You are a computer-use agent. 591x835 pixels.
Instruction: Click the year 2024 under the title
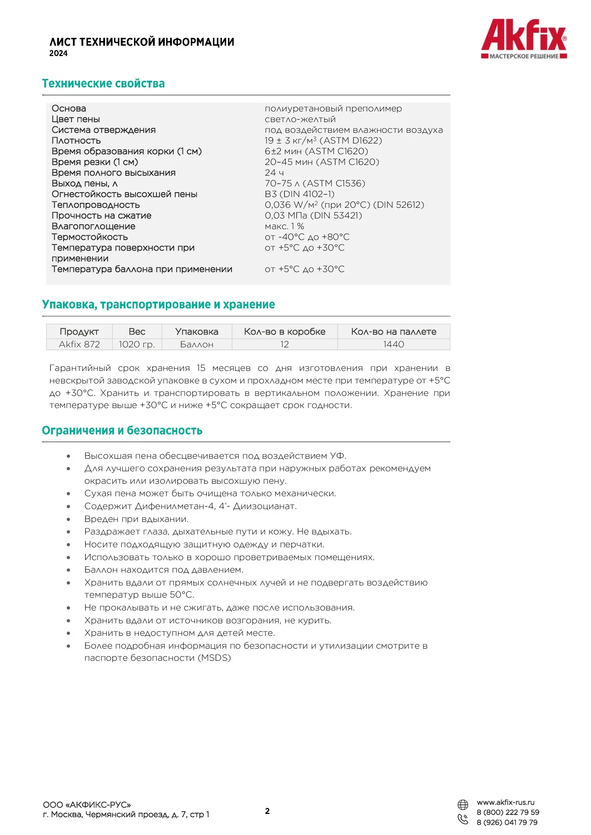pos(59,54)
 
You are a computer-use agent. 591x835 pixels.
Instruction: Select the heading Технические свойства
pos(103,84)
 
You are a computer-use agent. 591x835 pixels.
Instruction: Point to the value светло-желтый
pos(300,119)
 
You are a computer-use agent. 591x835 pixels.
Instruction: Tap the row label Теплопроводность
pos(96,205)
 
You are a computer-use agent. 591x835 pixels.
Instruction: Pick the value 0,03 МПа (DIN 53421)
pos(313,216)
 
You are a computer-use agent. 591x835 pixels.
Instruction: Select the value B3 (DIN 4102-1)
pos(299,194)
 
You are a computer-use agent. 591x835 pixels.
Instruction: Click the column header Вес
pos(137,331)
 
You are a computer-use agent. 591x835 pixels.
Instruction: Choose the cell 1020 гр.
pos(137,344)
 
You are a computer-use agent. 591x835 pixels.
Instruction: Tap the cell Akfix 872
pos(79,344)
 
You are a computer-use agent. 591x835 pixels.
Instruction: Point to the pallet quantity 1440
pos(393,344)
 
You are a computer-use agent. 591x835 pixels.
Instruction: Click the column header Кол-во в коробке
pos(284,331)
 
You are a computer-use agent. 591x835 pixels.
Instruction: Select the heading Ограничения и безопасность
pos(122,430)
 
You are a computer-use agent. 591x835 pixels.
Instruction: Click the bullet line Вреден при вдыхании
pos(136,519)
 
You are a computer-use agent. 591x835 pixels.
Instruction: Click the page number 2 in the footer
pos(268,811)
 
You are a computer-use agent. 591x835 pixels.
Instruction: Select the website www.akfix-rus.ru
pos(506,802)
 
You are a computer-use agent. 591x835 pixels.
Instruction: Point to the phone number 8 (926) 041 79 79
pos(507,822)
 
